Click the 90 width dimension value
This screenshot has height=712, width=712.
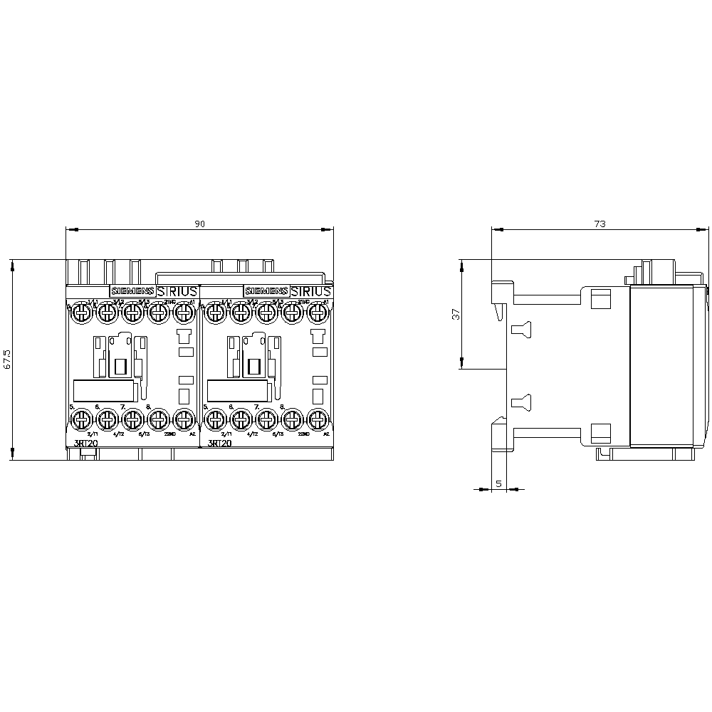click(x=200, y=224)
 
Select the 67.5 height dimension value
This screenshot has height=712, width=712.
click(x=7, y=360)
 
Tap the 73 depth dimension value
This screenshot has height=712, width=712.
click(x=600, y=224)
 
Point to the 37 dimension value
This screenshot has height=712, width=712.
click(x=456, y=314)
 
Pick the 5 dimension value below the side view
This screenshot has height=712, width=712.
click(x=498, y=484)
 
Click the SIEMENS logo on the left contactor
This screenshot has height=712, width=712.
click(x=131, y=291)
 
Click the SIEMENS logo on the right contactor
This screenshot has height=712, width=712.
click(x=266, y=291)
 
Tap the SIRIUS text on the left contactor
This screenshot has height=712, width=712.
click(x=173, y=291)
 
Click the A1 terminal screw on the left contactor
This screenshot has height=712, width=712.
click(x=184, y=310)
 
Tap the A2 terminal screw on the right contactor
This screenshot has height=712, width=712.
click(x=320, y=418)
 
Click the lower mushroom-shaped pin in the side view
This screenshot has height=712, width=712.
click(x=522, y=402)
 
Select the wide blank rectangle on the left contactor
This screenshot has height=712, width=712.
click(x=104, y=391)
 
